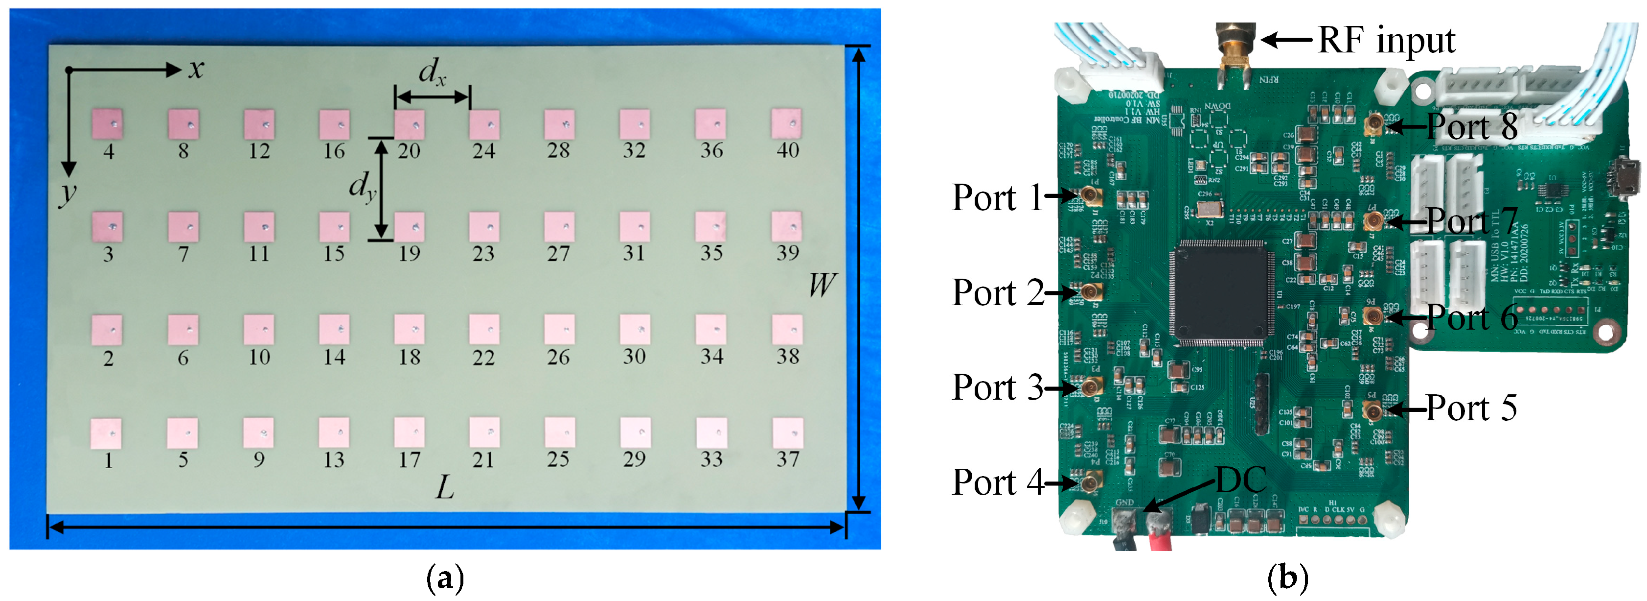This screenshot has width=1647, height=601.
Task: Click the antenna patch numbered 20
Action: click(409, 124)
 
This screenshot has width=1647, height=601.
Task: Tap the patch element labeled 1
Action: click(106, 433)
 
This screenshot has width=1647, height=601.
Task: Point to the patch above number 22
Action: click(484, 330)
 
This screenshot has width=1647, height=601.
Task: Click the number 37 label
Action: click(788, 459)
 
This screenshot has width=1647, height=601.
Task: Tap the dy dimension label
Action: click(362, 187)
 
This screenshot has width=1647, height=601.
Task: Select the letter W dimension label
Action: click(822, 284)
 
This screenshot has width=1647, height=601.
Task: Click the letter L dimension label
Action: click(444, 488)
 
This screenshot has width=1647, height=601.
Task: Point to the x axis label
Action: click(196, 69)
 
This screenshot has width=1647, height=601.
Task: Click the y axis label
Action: click(67, 193)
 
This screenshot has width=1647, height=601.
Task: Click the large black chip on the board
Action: click(1218, 292)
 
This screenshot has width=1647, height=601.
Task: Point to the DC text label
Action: click(1240, 480)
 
